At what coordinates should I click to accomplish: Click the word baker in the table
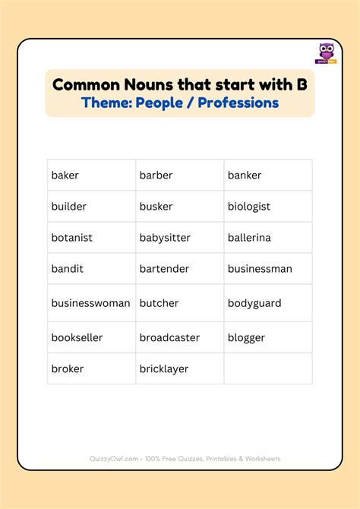[65, 175]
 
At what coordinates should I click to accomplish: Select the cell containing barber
[156, 175]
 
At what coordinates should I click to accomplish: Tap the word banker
[245, 175]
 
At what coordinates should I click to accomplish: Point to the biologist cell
[249, 207]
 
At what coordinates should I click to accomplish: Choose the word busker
[156, 207]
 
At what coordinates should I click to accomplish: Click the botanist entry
[71, 238]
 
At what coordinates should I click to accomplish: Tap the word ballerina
[249, 238]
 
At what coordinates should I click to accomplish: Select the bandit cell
[68, 269]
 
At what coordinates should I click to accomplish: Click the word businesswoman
[90, 303]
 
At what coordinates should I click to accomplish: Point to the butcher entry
[159, 303]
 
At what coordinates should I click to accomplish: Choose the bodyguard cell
[254, 303]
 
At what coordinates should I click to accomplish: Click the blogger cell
[246, 337]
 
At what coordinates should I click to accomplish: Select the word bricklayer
[164, 368]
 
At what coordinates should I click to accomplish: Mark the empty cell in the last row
[267, 368]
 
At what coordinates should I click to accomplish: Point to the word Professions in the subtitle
[238, 103]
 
